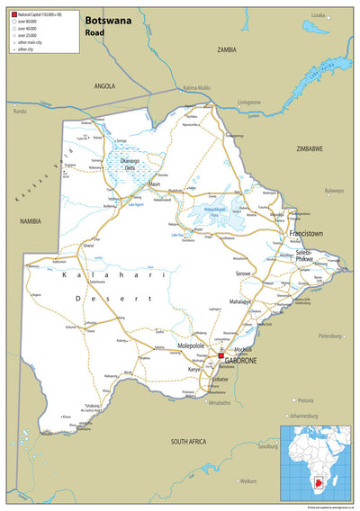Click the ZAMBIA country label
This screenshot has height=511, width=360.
point(226,49)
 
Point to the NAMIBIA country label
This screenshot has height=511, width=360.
point(32,219)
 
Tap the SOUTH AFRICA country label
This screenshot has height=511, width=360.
point(194,442)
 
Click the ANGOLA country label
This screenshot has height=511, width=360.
point(105,85)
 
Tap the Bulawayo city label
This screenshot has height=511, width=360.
point(334,191)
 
